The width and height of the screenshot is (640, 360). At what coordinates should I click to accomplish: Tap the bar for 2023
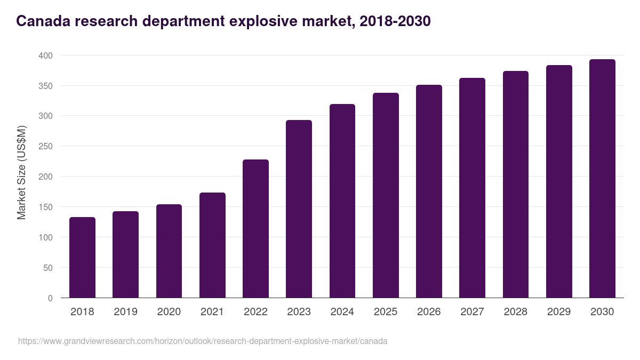point(299,209)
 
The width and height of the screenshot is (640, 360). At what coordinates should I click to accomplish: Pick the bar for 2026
point(429,191)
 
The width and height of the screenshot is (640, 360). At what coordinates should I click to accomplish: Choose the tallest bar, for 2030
point(602,179)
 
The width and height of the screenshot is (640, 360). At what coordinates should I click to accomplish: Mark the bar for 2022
point(255,229)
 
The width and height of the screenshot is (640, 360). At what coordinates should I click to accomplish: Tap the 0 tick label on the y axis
point(50,298)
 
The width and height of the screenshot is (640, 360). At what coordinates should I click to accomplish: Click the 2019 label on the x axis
point(125,312)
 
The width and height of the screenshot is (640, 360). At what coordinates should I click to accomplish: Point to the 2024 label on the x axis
point(342,312)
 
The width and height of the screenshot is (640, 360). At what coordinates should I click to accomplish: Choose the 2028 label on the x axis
point(515,312)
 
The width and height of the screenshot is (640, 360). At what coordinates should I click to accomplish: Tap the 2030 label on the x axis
point(602,312)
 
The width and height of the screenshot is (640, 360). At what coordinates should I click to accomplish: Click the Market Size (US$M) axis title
point(21,172)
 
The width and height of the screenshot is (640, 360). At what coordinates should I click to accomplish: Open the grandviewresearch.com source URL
point(203,341)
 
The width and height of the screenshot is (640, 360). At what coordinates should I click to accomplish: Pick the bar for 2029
point(559,181)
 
